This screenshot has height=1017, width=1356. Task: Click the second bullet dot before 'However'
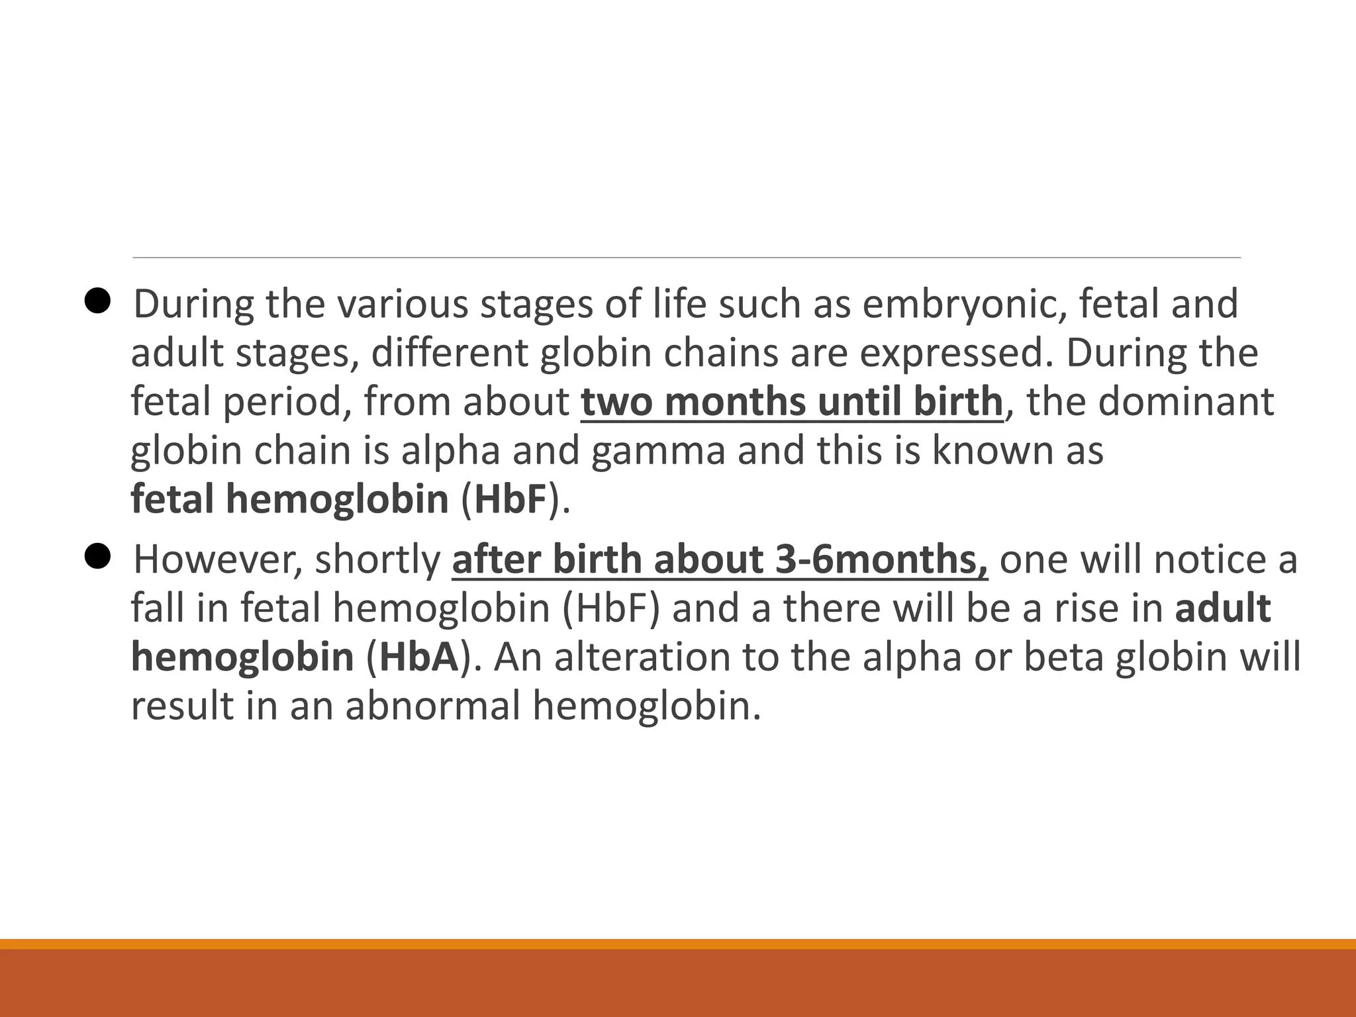click(x=97, y=558)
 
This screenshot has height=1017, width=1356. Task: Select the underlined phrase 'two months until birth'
click(x=792, y=402)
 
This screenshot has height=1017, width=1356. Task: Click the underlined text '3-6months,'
click(x=881, y=560)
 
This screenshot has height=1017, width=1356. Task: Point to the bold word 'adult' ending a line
click(x=1222, y=608)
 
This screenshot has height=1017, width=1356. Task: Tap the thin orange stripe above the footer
click(x=678, y=944)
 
